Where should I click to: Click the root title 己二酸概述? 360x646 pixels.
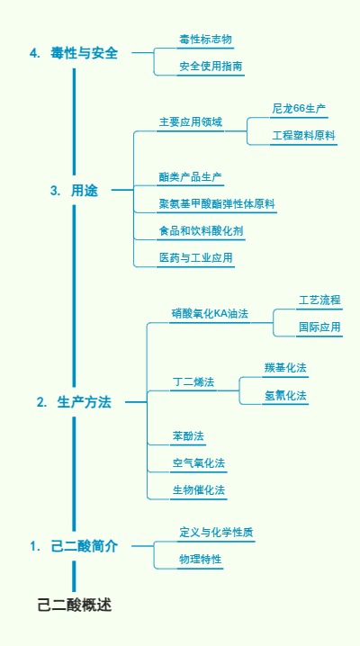tap(75, 606)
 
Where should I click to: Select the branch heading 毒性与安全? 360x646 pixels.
tap(85, 53)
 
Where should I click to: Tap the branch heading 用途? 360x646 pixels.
tap(85, 190)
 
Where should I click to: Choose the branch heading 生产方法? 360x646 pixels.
tap(84, 402)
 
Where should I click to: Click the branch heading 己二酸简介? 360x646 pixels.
tap(85, 545)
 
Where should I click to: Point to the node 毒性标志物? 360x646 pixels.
tap(199, 40)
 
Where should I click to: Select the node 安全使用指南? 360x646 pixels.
tap(210, 67)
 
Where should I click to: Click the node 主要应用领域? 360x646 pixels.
tap(190, 121)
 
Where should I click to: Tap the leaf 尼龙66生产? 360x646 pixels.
tap(299, 108)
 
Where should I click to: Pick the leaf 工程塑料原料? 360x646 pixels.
tap(304, 136)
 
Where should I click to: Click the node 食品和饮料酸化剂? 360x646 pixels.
tap(201, 231)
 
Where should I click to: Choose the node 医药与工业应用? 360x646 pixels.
tap(195, 258)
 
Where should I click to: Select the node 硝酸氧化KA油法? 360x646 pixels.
tap(210, 314)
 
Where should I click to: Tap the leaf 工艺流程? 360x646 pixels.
tap(319, 300)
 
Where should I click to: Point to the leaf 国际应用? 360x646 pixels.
tap(319, 327)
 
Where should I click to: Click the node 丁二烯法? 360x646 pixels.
tap(193, 382)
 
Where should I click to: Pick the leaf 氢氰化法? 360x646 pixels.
tap(285, 395)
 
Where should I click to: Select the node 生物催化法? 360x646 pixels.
tap(199, 490)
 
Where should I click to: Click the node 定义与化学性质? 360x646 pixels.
tap(216, 532)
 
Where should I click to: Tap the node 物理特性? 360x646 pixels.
tap(200, 559)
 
